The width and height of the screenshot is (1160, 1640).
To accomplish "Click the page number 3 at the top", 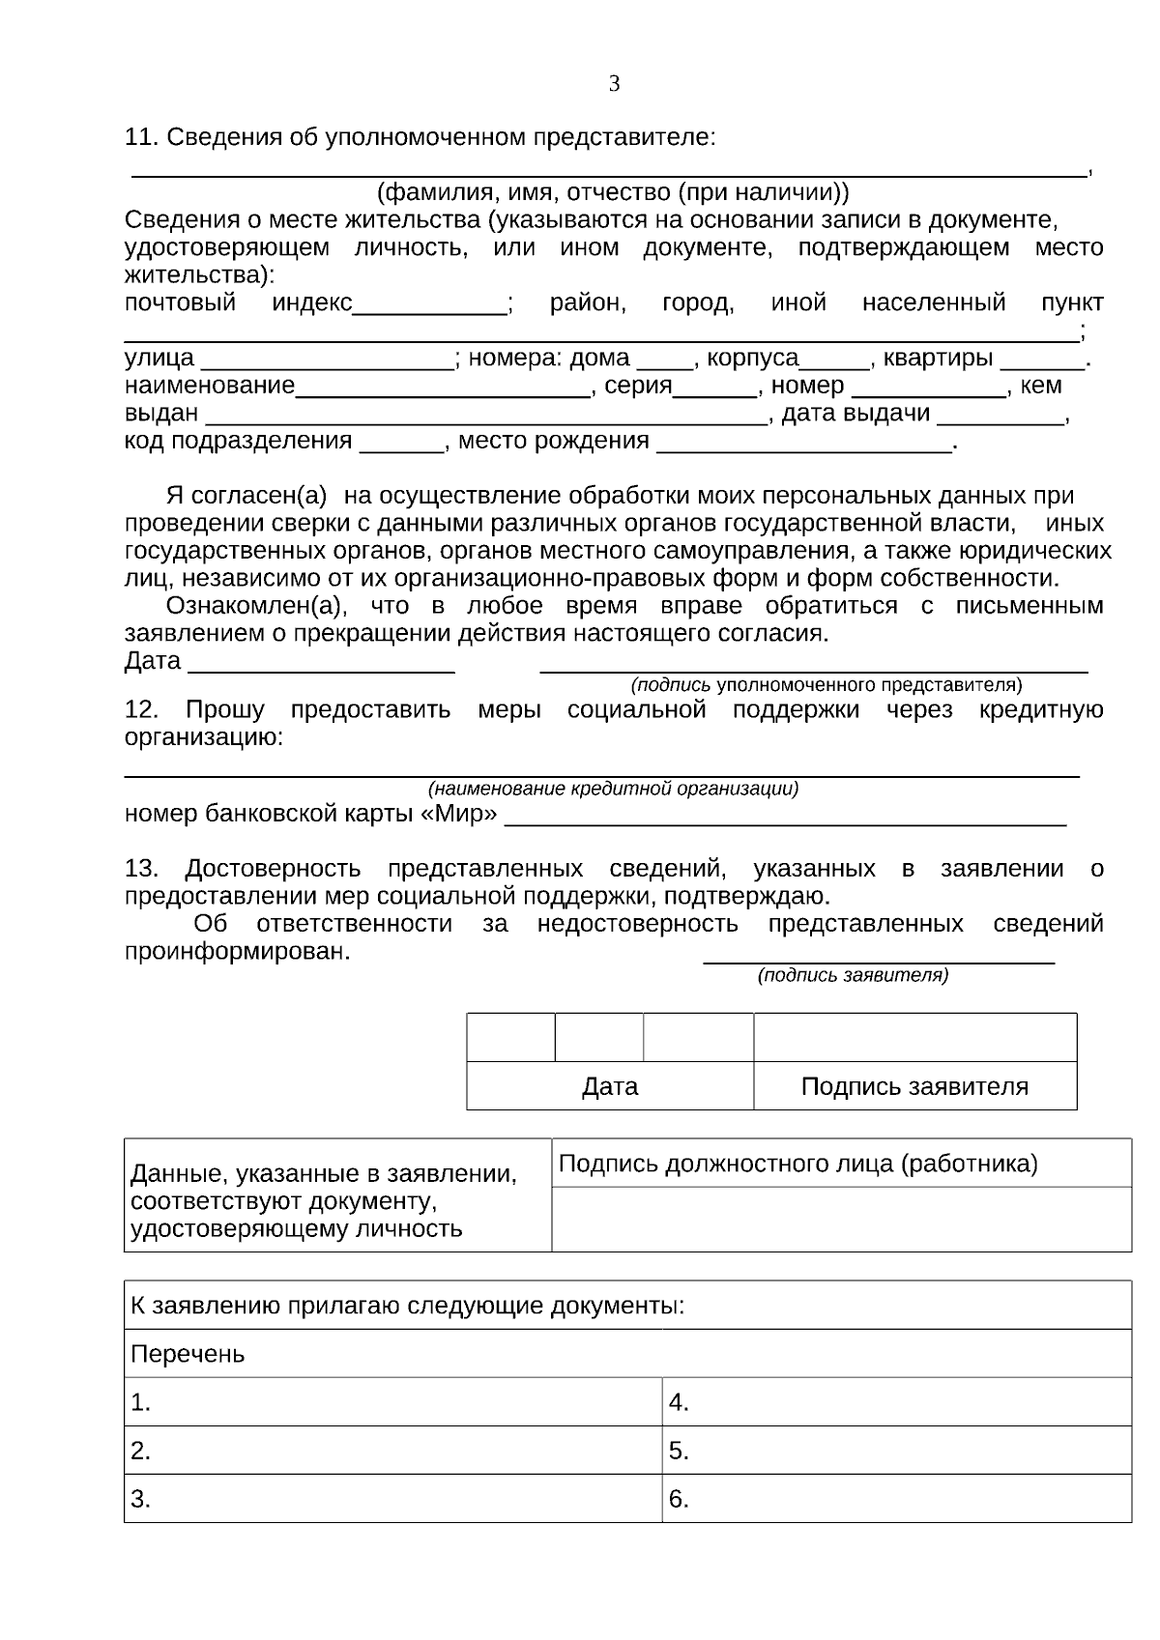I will (614, 84).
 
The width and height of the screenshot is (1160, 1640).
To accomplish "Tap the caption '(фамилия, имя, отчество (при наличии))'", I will (613, 190).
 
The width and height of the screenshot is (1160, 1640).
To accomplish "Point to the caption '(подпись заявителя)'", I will (853, 975).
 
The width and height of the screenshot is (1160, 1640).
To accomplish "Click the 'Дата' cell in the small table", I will (610, 1086).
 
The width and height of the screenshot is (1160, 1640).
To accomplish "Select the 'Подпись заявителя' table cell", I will (914, 1086).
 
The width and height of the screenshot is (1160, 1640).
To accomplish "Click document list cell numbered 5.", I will (895, 1451).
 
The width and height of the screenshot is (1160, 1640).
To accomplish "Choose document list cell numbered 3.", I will (392, 1499).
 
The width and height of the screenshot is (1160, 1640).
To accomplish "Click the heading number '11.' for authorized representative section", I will (141, 137).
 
